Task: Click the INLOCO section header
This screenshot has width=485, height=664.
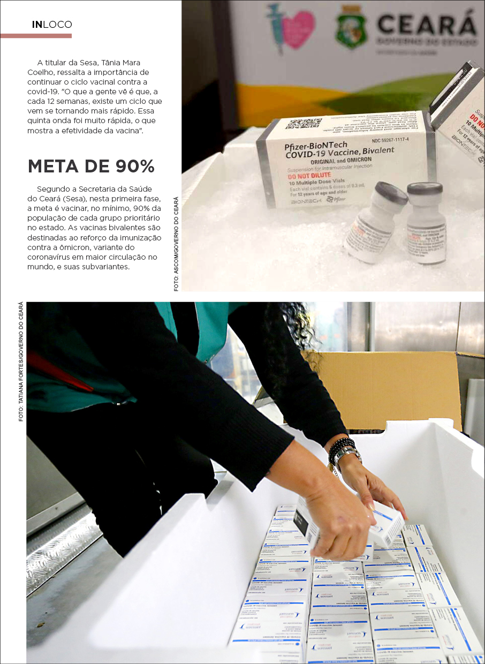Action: click(52, 25)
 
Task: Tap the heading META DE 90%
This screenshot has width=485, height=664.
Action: click(92, 167)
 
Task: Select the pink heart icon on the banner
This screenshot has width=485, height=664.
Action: click(298, 29)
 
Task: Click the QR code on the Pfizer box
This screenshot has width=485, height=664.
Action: click(303, 124)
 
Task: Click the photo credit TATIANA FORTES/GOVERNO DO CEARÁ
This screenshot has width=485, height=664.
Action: click(21, 362)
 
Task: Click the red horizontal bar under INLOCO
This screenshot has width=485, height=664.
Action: click(36, 36)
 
